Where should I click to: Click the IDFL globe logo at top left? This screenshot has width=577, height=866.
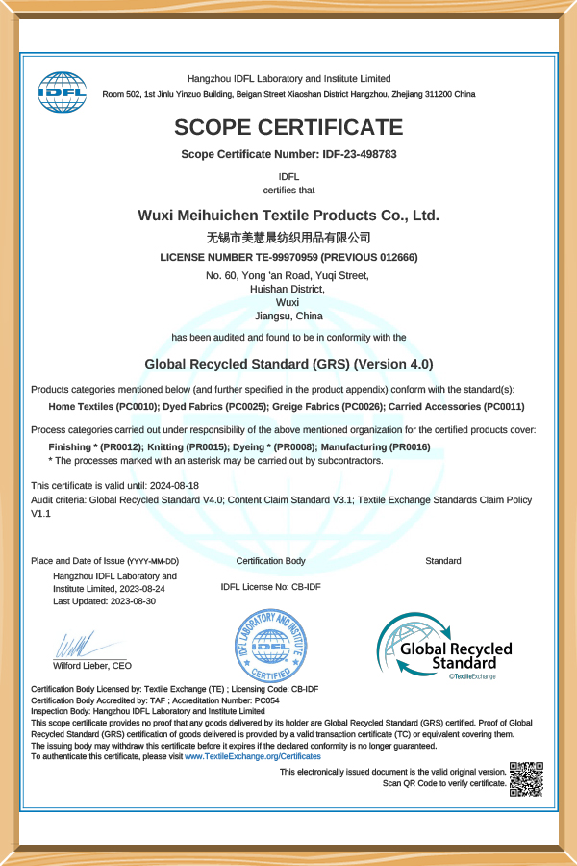62,91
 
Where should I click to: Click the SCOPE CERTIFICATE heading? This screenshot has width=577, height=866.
288,127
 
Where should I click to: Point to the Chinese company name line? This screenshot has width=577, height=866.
288,237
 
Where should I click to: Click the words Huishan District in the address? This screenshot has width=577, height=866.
288,289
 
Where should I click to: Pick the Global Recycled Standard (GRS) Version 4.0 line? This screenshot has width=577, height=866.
288,364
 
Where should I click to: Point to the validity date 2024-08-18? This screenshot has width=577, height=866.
174,486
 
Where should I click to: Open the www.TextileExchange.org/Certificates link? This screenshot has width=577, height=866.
253,757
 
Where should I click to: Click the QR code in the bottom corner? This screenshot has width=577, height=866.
526,778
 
